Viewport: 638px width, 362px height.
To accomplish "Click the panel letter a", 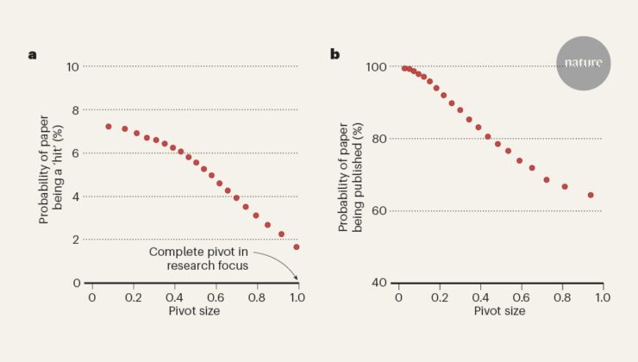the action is click(x=32, y=54).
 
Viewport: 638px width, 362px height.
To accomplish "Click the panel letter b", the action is click(x=335, y=54).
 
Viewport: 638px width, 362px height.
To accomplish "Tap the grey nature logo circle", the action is click(x=583, y=63).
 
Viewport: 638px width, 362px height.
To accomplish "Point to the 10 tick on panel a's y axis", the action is click(x=72, y=66).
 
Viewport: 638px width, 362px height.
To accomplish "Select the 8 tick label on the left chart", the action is click(x=76, y=109).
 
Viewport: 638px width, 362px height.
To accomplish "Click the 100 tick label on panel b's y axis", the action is click(x=376, y=66).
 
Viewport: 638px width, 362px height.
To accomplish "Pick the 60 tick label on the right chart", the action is click(x=378, y=211).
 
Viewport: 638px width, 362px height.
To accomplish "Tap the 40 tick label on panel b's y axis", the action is click(x=378, y=283).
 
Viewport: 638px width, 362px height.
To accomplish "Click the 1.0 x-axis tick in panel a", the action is click(x=297, y=297).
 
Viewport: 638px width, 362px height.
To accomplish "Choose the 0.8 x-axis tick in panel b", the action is click(x=562, y=297).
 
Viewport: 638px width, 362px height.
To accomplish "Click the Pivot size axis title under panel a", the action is click(x=194, y=311).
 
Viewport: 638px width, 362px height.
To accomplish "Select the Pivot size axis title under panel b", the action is click(x=500, y=311).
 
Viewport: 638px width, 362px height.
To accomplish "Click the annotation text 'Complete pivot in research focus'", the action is click(x=199, y=259).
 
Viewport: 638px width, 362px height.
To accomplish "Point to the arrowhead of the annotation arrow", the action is click(x=297, y=278).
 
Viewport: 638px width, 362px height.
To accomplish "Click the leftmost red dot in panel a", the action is click(x=109, y=127).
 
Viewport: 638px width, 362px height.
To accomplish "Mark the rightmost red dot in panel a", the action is click(x=297, y=247).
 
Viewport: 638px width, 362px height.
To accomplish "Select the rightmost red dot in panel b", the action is click(x=591, y=195).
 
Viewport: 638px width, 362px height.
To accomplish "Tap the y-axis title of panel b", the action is click(x=351, y=178).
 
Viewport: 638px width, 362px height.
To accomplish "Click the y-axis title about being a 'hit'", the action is click(x=51, y=169).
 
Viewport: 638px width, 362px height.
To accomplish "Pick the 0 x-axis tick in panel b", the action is click(x=398, y=297).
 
